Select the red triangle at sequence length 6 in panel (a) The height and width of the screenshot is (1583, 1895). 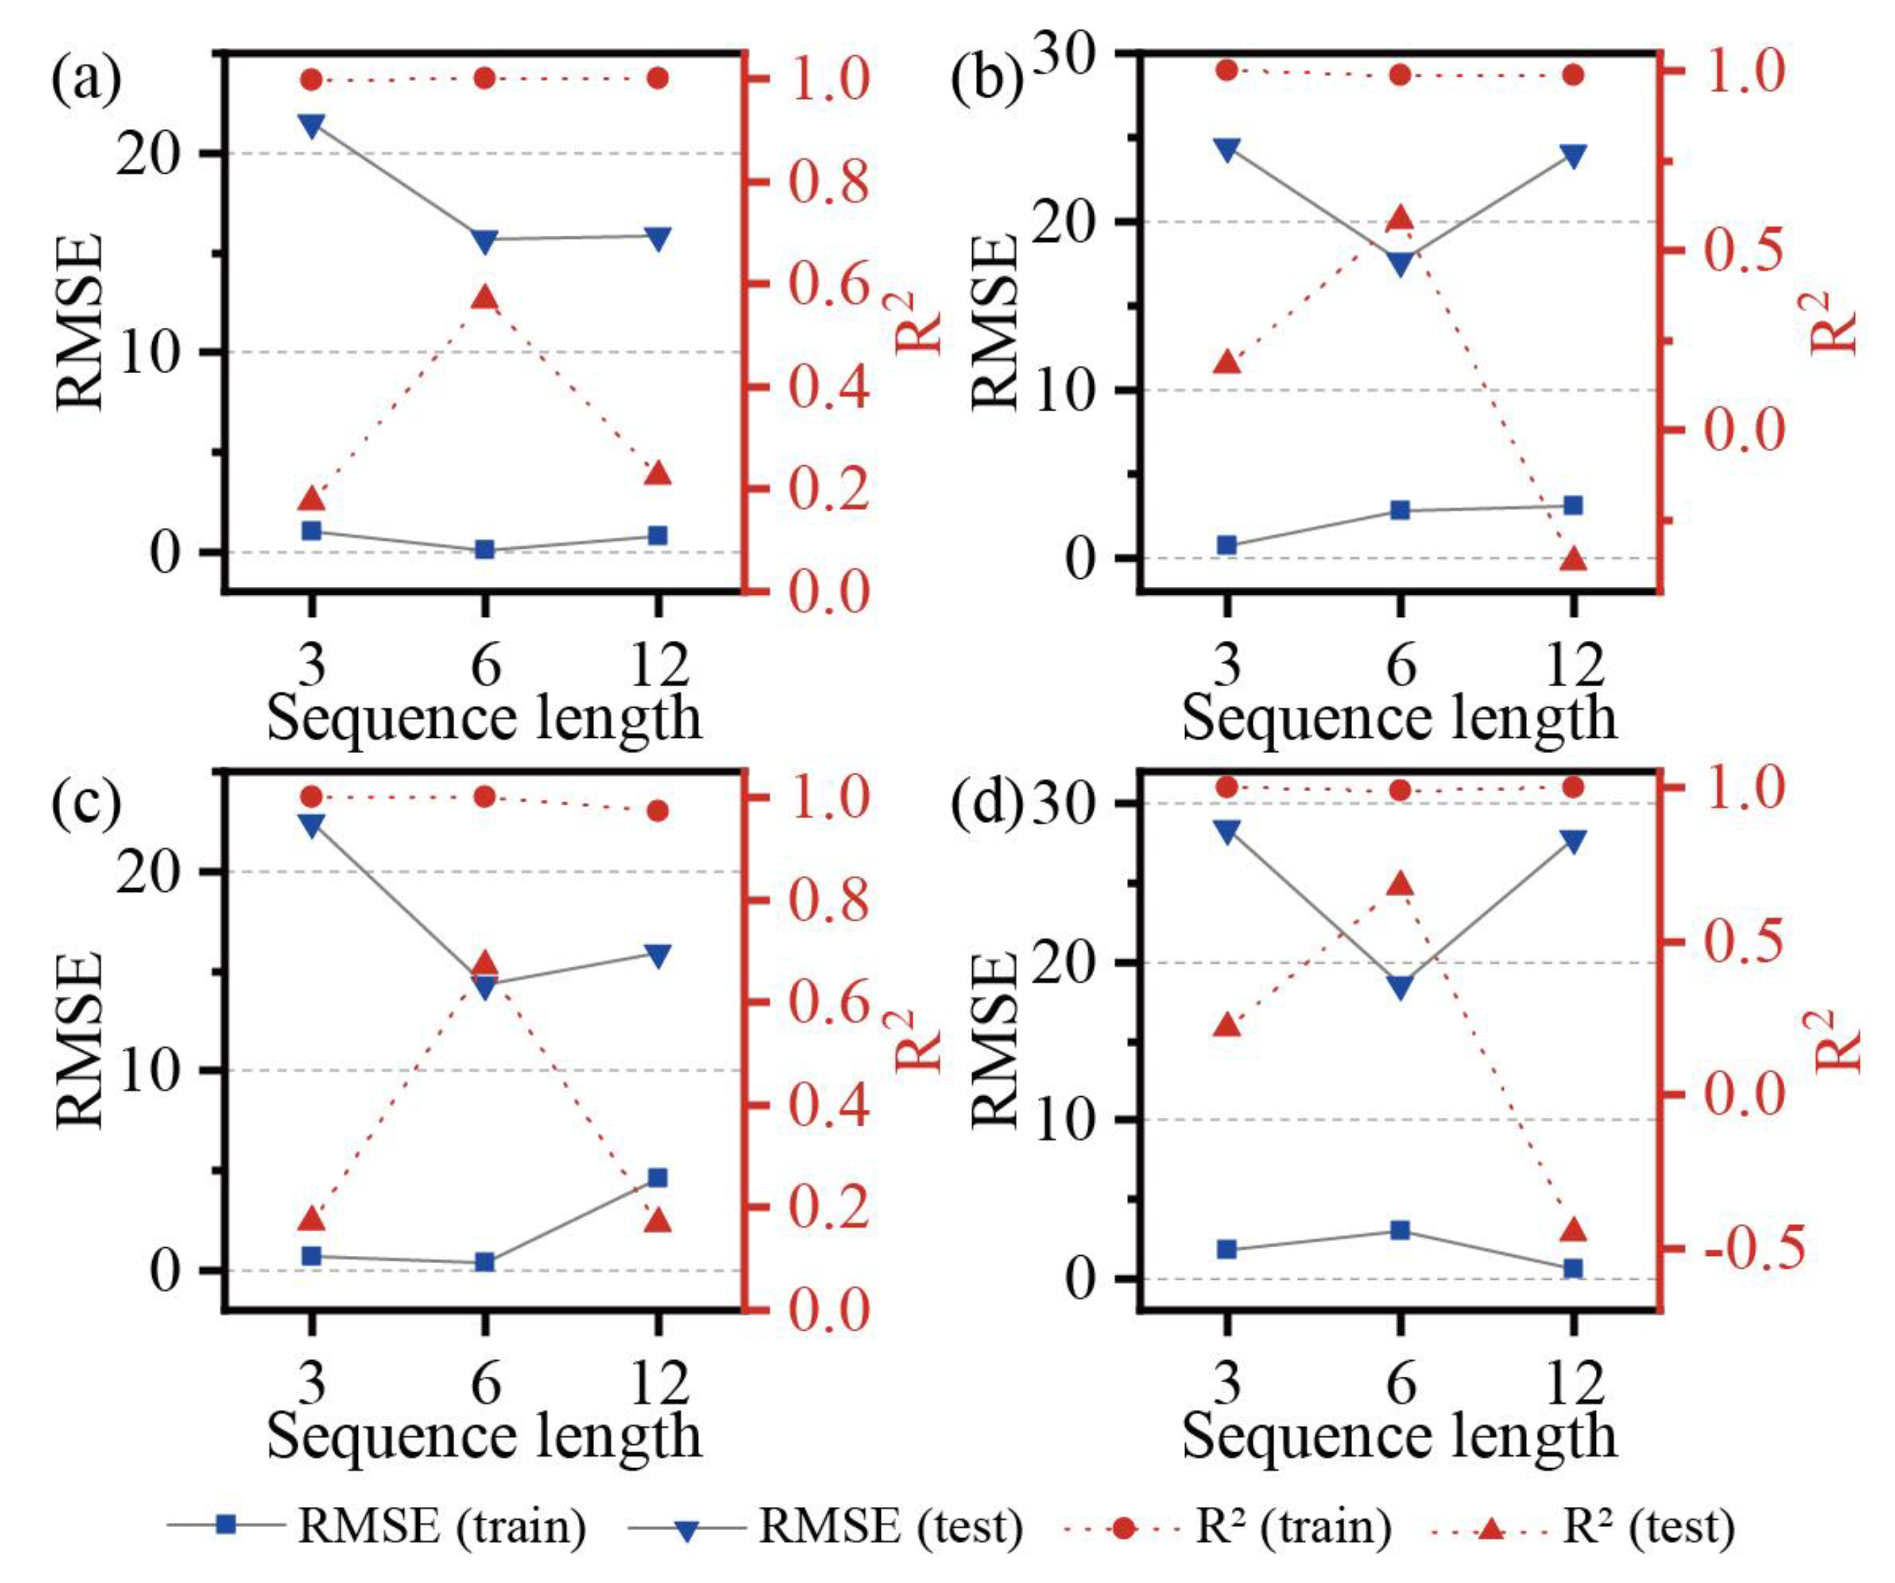pyautogui.click(x=485, y=298)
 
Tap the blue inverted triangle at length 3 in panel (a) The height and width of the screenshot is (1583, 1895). pyautogui.click(x=311, y=125)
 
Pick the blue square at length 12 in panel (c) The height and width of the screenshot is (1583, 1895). pyautogui.click(x=658, y=1178)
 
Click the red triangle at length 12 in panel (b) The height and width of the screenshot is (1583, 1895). pyautogui.click(x=1573, y=559)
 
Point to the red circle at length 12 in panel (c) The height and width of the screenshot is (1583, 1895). pyautogui.click(x=658, y=811)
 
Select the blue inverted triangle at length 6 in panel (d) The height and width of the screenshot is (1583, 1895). pyautogui.click(x=1400, y=987)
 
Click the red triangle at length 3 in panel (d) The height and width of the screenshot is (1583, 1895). pyautogui.click(x=1227, y=1026)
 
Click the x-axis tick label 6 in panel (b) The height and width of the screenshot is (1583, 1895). pyautogui.click(x=1400, y=666)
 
